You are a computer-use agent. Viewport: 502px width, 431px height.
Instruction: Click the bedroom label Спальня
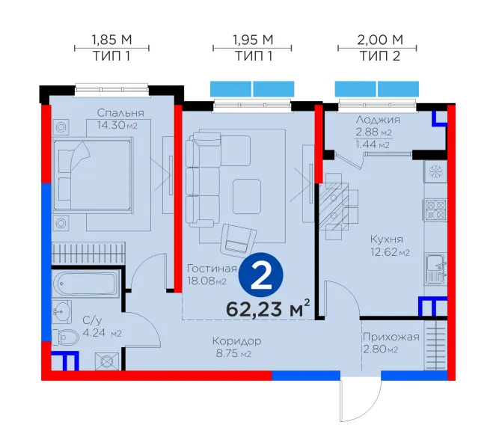click(120, 113)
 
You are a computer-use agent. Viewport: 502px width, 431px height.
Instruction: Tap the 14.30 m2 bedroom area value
click(117, 125)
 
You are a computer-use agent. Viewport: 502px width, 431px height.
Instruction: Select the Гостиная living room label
click(212, 269)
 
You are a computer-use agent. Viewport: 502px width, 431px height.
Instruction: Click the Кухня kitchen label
click(387, 239)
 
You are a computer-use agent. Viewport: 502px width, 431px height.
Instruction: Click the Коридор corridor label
click(237, 341)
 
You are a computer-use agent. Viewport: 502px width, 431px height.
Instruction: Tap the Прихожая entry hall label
click(391, 337)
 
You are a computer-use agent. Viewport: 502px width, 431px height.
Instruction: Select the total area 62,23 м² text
click(268, 309)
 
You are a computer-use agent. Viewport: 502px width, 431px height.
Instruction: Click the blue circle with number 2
click(261, 275)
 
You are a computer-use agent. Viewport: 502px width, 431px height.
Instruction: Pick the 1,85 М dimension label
click(111, 40)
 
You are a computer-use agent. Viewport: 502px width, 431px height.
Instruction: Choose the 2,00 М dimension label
click(380, 40)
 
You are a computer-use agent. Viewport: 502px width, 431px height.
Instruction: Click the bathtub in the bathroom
click(85, 284)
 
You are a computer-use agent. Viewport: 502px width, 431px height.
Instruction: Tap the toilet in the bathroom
click(65, 337)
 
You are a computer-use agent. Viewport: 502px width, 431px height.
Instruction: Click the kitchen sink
click(435, 269)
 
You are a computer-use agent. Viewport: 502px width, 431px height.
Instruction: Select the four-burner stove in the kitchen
click(435, 210)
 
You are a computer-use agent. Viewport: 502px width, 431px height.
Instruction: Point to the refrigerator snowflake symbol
click(435, 171)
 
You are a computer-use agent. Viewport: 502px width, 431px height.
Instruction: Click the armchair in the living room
click(238, 240)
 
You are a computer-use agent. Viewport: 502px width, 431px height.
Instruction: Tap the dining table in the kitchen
click(334, 207)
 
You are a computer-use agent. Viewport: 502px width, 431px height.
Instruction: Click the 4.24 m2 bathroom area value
click(102, 333)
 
